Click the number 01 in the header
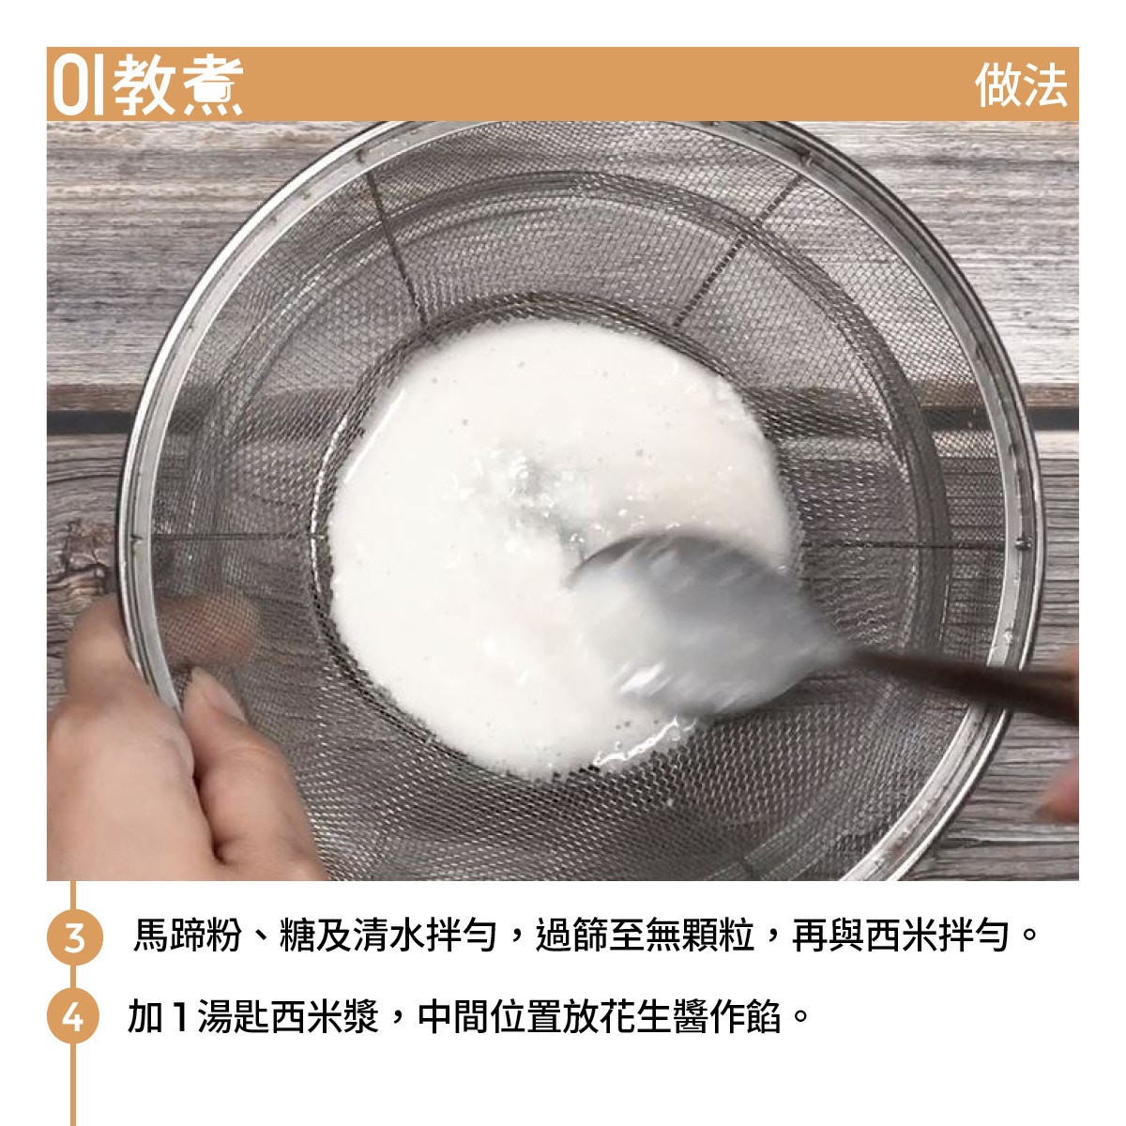78,85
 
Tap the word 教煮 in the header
177,85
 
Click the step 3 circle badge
74,937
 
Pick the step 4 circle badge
73,1017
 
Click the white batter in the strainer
525,525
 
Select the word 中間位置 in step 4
490,1016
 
